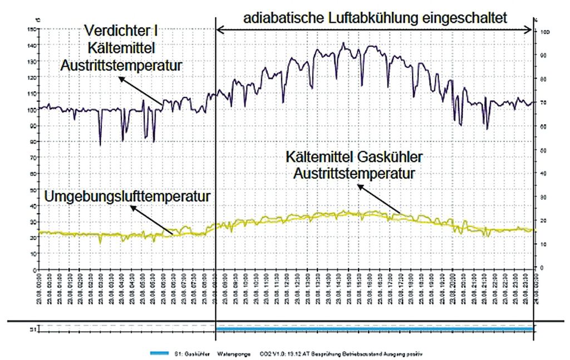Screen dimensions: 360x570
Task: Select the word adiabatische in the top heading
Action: click(x=283, y=18)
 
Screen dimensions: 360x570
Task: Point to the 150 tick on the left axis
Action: click(x=32, y=29)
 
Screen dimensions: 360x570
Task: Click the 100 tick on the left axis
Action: click(x=32, y=110)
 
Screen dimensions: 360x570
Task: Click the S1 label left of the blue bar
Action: click(x=33, y=329)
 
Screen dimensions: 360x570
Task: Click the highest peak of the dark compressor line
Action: click(x=343, y=42)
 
